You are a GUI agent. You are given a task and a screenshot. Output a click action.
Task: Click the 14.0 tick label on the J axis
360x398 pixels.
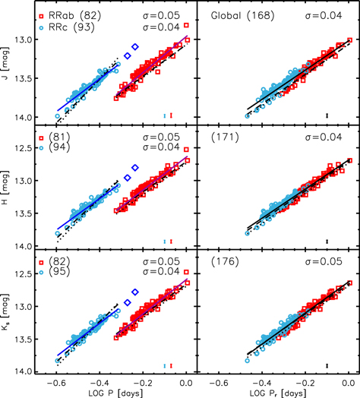click(28, 117)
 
